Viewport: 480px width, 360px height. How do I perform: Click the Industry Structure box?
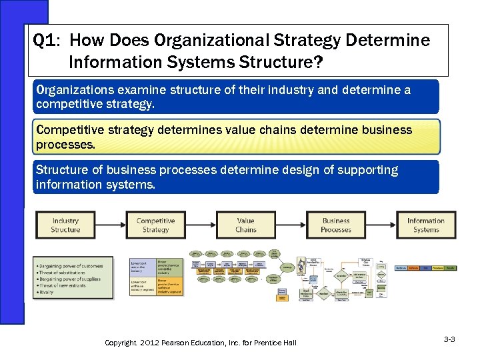tap(65, 225)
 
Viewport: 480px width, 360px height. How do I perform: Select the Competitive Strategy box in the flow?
tap(155, 225)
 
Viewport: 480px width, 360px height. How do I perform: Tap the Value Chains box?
tap(245, 225)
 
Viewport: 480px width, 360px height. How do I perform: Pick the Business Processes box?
tap(336, 225)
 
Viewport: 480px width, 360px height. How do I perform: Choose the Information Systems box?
tap(426, 225)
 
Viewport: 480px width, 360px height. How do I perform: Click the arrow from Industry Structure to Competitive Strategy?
tap(110, 225)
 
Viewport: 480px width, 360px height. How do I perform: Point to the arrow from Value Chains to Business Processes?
tap(291, 225)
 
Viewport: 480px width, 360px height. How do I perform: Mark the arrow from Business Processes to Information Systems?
tap(381, 225)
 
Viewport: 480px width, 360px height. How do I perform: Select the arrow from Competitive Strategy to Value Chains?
tap(200, 225)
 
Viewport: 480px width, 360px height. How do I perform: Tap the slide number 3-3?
tap(449, 339)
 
